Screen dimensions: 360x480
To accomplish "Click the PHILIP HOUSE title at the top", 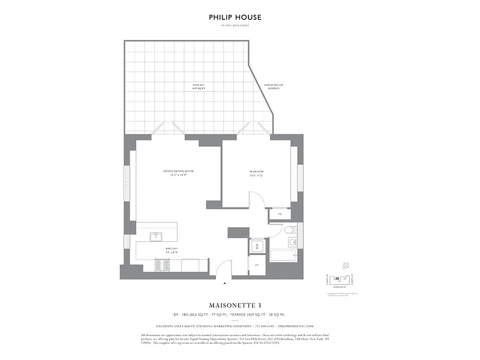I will (x=235, y=18).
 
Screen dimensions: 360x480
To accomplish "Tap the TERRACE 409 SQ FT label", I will (x=198, y=86).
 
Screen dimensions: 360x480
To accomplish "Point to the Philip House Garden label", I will (x=273, y=86).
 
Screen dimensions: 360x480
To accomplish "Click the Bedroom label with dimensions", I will (x=256, y=174).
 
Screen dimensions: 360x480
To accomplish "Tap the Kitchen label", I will (x=171, y=250).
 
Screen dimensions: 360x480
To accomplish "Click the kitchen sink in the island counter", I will (x=155, y=237).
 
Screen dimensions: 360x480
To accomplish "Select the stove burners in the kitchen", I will (x=161, y=265).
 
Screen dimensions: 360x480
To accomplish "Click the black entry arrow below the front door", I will (x=224, y=283).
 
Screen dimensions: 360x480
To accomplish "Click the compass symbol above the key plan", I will (x=345, y=265).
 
